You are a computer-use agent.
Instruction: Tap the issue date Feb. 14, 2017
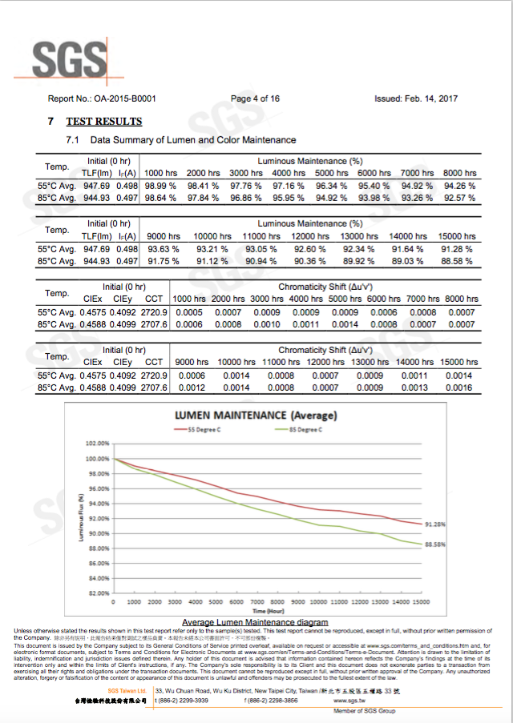[436, 99]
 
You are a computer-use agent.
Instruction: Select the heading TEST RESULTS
[103, 122]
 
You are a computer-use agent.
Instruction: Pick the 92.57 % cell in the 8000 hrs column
[459, 198]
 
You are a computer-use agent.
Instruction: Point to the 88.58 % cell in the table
[455, 261]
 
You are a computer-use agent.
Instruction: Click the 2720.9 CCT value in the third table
[154, 311]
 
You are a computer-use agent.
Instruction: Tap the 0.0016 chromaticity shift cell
[459, 388]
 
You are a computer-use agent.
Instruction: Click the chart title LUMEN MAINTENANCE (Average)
[256, 416]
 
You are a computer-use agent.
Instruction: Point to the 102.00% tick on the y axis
[97, 444]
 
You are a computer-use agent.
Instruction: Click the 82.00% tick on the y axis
[98, 593]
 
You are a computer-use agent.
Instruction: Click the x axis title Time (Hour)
[269, 611]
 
